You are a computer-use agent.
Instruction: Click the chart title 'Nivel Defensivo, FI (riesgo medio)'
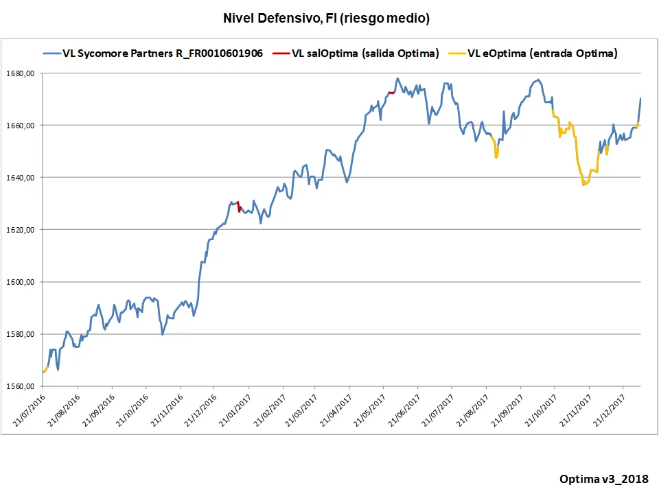326,19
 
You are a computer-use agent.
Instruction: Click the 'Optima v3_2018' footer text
603,478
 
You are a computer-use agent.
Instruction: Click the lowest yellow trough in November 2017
584,184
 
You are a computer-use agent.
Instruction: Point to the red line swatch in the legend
280,54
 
